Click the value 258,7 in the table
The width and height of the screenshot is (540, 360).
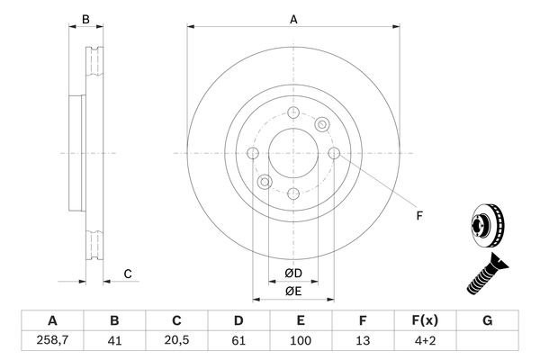pyautogui.click(x=52, y=342)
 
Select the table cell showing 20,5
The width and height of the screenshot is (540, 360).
pyautogui.click(x=177, y=342)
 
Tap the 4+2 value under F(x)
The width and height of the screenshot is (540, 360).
pyautogui.click(x=425, y=342)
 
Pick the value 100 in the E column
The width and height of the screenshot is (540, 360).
pyautogui.click(x=301, y=342)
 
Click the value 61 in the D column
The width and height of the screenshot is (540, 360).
pyautogui.click(x=238, y=342)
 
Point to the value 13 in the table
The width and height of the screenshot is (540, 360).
pyautogui.click(x=362, y=342)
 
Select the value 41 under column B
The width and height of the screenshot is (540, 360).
pyautogui.click(x=114, y=342)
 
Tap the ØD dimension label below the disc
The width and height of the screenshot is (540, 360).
pyautogui.click(x=293, y=274)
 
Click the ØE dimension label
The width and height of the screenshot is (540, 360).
pyautogui.click(x=293, y=291)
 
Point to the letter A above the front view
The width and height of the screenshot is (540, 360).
pyautogui.click(x=293, y=19)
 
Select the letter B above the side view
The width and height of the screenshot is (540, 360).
pyautogui.click(x=85, y=19)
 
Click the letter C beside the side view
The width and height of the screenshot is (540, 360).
pyautogui.click(x=128, y=274)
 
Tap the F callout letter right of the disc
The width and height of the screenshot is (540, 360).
pyautogui.click(x=418, y=214)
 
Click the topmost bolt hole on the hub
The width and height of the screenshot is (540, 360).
pyautogui.click(x=293, y=112)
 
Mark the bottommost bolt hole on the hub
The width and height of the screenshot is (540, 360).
pyautogui.click(x=293, y=193)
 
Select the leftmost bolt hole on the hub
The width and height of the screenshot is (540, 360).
pyautogui.click(x=253, y=153)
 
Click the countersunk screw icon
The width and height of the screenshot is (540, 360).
pyautogui.click(x=486, y=274)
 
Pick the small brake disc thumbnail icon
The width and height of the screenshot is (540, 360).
pyautogui.click(x=486, y=226)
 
